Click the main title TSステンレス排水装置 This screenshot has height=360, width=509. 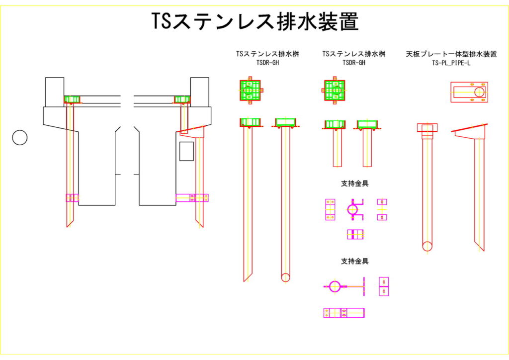[x=254, y=22]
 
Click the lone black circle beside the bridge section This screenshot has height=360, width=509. [x=19, y=137]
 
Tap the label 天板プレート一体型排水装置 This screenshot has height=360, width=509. [x=451, y=54]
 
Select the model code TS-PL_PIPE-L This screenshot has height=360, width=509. [x=451, y=63]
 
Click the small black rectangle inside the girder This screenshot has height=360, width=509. [x=186, y=151]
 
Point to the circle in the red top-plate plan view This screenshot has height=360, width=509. [x=479, y=92]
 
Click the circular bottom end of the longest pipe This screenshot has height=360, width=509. [x=285, y=277]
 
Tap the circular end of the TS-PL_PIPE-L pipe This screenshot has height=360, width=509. [x=427, y=246]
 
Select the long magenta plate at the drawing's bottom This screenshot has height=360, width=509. [x=343, y=313]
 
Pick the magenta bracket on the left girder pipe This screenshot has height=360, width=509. [x=72, y=198]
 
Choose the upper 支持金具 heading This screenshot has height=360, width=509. [x=354, y=183]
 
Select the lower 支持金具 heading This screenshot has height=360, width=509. [x=354, y=261]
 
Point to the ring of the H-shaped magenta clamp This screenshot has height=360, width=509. [x=352, y=210]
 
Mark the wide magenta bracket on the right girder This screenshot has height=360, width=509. [x=192, y=198]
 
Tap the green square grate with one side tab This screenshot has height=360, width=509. [x=334, y=90]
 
